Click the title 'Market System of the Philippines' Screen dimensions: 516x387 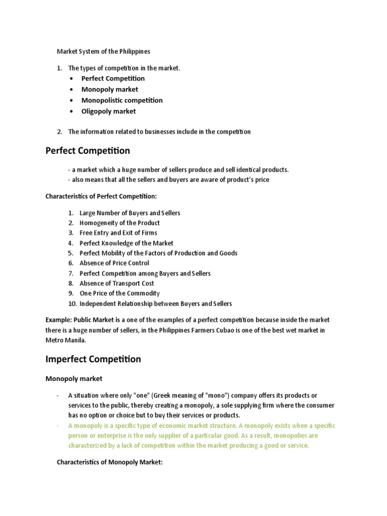click(x=103, y=51)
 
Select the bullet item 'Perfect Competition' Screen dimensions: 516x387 click(x=113, y=78)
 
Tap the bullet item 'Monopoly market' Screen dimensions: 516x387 click(x=109, y=89)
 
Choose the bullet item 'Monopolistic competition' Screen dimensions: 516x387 click(x=122, y=100)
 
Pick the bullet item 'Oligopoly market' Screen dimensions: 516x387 click(x=108, y=111)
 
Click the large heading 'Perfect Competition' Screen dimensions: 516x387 click(x=88, y=151)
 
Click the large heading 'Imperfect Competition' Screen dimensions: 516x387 click(x=93, y=359)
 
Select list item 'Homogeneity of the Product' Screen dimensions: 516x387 click(x=119, y=223)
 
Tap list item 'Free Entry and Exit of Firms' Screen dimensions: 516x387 click(x=118, y=233)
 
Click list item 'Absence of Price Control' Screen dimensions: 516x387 click(x=114, y=263)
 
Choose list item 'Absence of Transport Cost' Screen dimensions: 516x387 click(x=117, y=283)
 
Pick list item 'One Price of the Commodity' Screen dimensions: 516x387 click(x=119, y=293)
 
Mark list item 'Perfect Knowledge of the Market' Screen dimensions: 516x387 click(x=126, y=243)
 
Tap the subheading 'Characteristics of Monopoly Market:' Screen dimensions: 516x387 click(x=109, y=462)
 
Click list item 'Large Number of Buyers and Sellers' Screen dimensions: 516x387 click(x=130, y=213)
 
